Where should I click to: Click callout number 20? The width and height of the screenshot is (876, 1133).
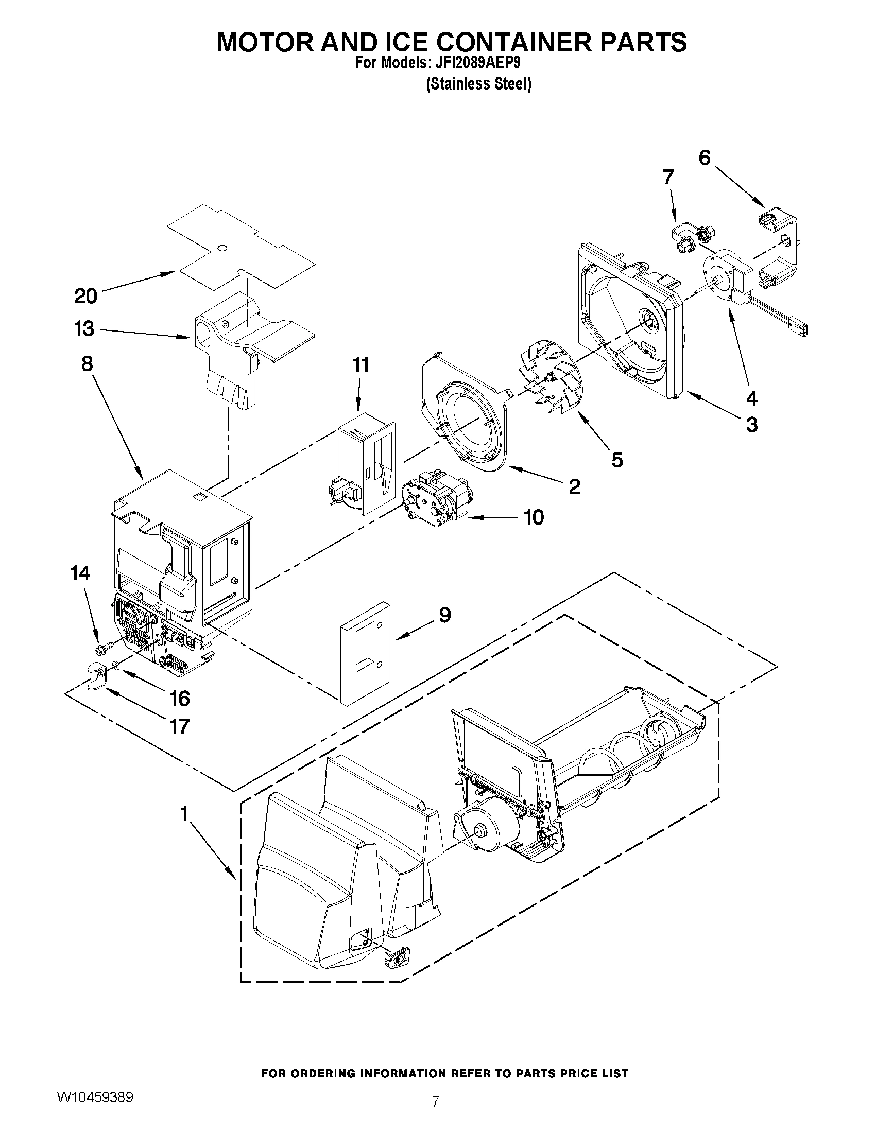point(85,296)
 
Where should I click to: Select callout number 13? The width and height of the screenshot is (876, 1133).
point(84,329)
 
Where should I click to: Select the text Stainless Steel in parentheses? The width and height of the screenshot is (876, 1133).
point(478,84)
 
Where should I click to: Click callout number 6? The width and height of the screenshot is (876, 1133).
point(704,158)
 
